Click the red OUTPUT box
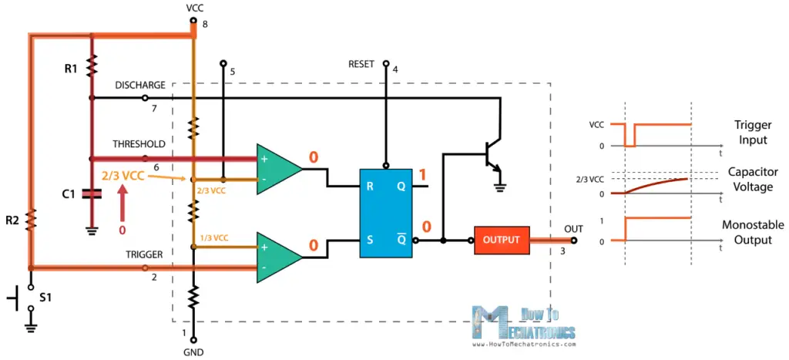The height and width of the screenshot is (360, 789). click(502, 240)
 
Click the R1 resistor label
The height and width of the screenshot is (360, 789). click(71, 69)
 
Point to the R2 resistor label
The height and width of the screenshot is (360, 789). click(12, 221)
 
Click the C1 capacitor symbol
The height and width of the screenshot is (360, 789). click(92, 194)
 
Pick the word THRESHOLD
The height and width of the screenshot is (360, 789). click(139, 143)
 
